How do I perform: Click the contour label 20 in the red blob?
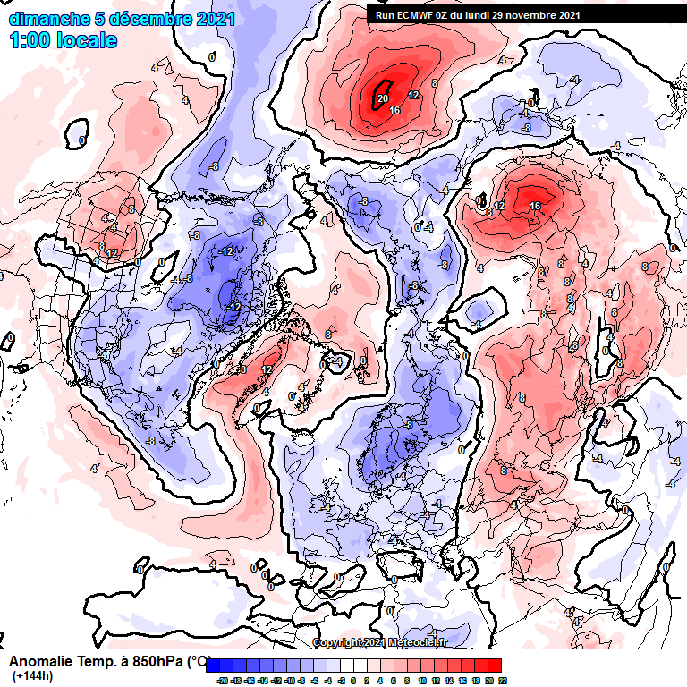coord(382,98)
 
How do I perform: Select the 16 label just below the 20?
coord(394,109)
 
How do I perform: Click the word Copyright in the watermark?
coord(338,642)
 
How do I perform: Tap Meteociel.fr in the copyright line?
coord(420,642)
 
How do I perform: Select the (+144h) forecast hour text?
coord(33,676)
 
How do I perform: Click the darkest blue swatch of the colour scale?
coord(214,666)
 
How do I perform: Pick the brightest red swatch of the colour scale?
coord(495,666)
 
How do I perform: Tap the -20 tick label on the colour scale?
coord(222,680)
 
